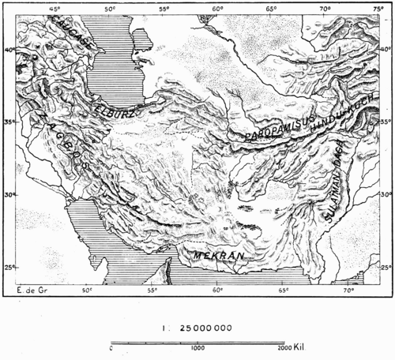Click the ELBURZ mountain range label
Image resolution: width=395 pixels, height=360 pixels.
(114, 110)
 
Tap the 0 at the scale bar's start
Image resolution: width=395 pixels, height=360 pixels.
(111, 348)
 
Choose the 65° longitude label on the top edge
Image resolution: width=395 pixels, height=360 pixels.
(271, 9)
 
